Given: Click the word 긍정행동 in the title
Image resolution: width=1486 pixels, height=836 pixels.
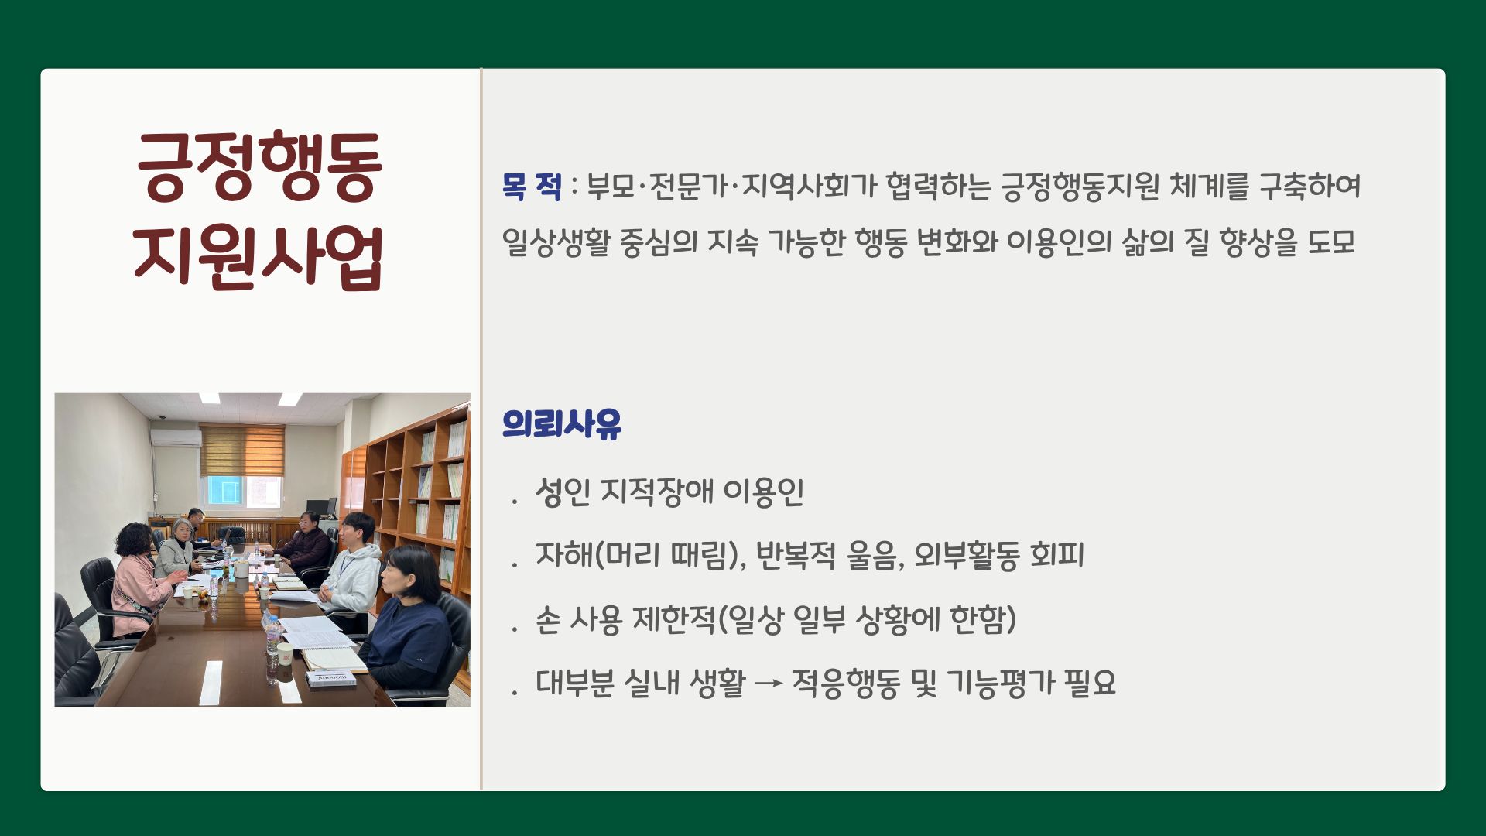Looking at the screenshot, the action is click(x=259, y=166).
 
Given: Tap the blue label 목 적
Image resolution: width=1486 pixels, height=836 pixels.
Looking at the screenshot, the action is click(x=532, y=186).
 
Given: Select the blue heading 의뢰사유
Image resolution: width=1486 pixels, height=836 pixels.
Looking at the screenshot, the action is click(x=562, y=423).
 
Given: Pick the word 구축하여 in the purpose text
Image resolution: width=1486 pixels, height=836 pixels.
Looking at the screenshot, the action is click(x=1310, y=186).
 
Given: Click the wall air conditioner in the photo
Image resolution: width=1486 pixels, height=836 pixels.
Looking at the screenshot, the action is click(x=176, y=437).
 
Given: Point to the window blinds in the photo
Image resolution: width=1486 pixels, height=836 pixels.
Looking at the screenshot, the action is click(x=242, y=450).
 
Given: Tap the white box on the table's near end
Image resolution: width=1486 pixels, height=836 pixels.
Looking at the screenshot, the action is click(x=331, y=679).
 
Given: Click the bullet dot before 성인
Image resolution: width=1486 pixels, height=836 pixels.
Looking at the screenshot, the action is click(x=514, y=502).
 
